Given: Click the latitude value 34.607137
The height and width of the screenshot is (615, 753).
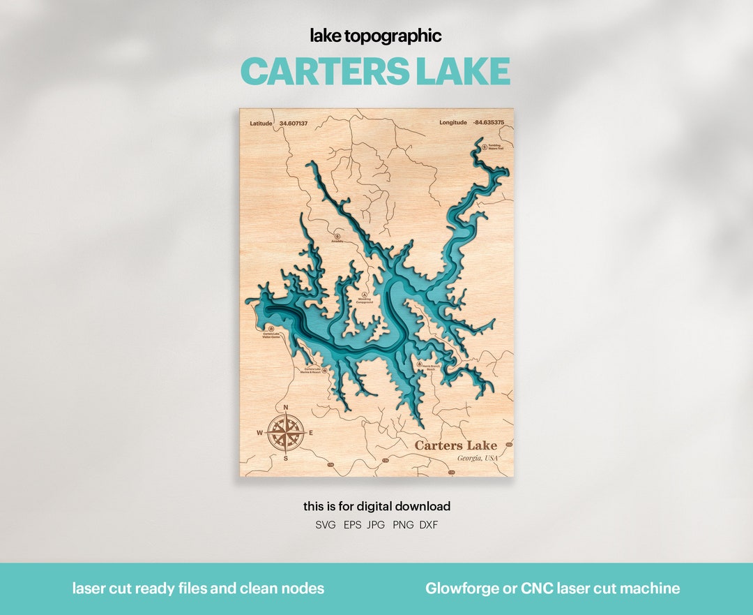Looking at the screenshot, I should (293, 123).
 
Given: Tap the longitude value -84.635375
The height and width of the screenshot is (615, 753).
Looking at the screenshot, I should (488, 123).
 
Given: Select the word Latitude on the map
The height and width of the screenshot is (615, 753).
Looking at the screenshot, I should (261, 123).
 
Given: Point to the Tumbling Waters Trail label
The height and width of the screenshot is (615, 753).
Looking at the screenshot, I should (495, 147).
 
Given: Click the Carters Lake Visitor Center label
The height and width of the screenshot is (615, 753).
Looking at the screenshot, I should (271, 335).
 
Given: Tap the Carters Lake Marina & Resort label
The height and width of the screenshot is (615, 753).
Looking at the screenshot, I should (312, 371).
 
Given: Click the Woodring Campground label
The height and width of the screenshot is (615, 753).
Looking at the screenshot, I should (365, 300).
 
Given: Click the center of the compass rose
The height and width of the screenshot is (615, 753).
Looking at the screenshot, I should (285, 432).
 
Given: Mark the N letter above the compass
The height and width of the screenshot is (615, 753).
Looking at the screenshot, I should (285, 408).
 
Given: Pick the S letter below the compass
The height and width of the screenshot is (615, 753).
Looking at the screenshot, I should (285, 458).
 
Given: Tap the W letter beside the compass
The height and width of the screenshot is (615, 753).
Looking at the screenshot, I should (260, 433).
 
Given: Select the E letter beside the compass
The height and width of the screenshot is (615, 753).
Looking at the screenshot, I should (310, 433).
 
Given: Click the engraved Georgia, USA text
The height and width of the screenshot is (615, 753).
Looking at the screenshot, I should (478, 458).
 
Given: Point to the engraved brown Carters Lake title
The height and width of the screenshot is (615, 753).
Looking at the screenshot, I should (456, 445).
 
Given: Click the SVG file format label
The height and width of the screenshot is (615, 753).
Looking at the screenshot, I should (326, 525).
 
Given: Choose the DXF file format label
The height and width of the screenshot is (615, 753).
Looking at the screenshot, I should (429, 525).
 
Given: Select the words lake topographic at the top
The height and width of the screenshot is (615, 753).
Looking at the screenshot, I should (376, 36).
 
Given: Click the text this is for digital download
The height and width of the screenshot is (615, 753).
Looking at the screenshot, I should (376, 506).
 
